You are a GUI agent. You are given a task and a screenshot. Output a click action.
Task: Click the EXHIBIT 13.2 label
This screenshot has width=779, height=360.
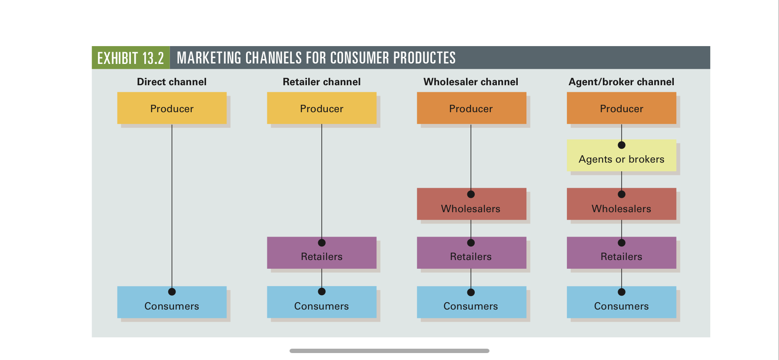click(130, 58)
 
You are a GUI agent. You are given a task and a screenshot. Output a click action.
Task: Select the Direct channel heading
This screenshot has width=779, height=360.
click(172, 82)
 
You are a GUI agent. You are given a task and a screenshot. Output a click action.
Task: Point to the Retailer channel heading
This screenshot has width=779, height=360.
click(322, 82)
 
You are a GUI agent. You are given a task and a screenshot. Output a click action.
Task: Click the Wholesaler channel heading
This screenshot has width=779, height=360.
click(471, 82)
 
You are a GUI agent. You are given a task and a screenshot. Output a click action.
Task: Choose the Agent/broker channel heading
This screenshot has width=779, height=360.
click(622, 82)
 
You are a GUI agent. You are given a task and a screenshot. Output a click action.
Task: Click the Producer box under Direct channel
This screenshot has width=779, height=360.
click(172, 108)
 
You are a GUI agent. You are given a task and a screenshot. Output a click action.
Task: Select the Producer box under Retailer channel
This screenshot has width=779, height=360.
click(322, 108)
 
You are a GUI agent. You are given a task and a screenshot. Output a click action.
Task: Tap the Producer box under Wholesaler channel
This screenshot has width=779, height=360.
click(471, 108)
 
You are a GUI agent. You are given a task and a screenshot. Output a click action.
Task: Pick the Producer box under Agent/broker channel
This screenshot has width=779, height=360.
click(622, 108)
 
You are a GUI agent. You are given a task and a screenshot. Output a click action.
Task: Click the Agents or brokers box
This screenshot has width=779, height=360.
click(622, 155)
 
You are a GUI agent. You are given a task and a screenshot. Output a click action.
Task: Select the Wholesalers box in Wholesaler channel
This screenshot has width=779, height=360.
click(471, 204)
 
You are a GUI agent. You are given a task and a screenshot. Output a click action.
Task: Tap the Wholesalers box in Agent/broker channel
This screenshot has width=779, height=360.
click(622, 204)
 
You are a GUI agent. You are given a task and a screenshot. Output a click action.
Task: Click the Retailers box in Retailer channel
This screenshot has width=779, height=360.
click(322, 253)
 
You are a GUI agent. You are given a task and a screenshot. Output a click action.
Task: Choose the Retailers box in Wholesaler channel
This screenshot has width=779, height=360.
click(471, 253)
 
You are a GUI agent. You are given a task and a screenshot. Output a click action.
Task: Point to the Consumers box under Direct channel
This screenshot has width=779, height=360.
click(172, 302)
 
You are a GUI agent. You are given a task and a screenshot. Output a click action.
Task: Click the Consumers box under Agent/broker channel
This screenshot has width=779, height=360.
click(622, 302)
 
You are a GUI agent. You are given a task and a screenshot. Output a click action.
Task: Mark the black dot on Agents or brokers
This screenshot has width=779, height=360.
click(622, 145)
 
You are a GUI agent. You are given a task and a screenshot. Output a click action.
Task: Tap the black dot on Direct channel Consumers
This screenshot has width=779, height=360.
click(172, 292)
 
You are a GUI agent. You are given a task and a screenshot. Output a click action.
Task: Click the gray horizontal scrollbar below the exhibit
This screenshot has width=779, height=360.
click(389, 350)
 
